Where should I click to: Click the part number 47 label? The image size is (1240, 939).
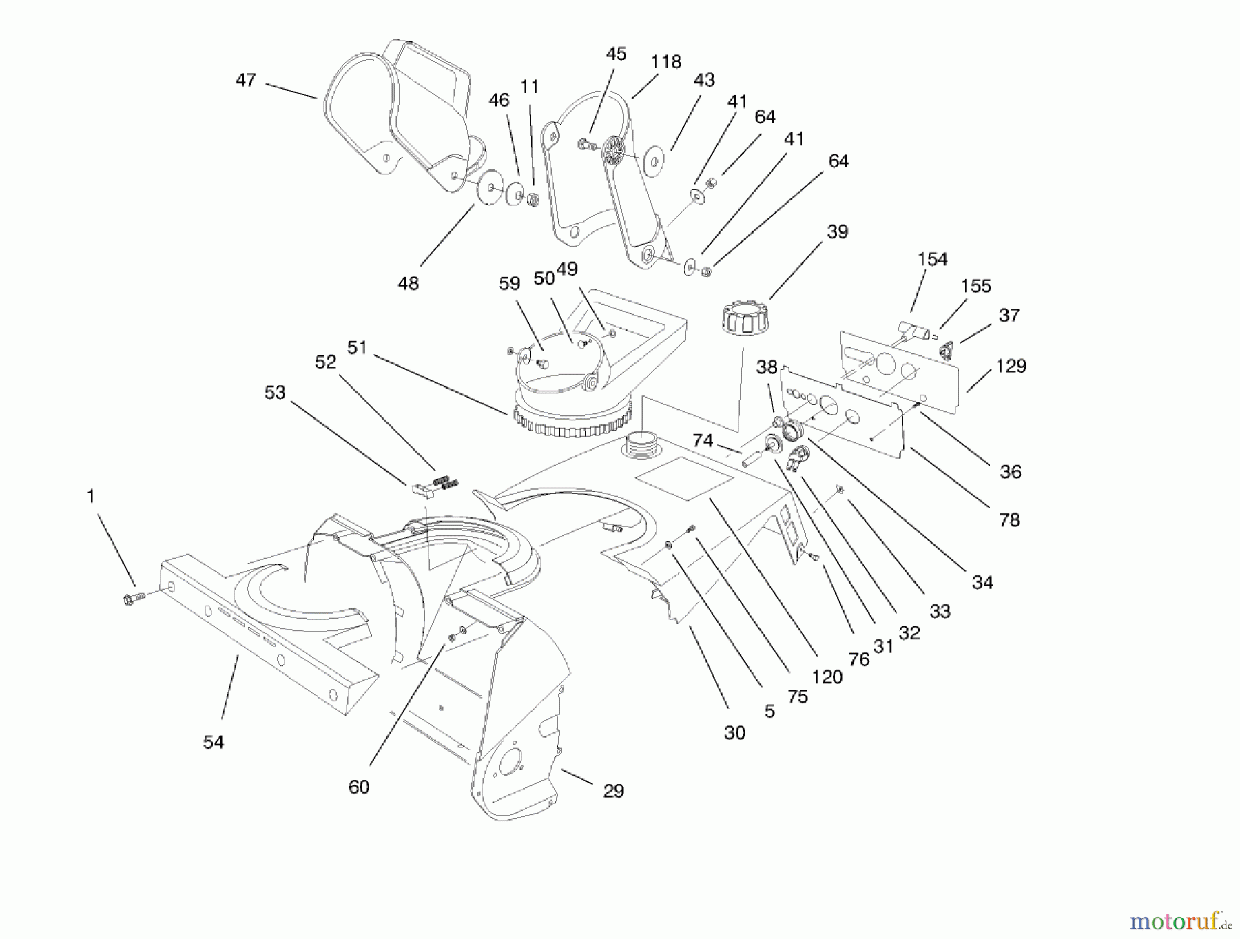pyautogui.click(x=246, y=81)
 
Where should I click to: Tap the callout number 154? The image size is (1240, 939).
pyautogui.click(x=933, y=260)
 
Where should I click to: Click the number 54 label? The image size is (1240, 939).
pyautogui.click(x=214, y=742)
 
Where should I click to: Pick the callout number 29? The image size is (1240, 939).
pyautogui.click(x=613, y=791)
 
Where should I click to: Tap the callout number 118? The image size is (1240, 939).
pyautogui.click(x=666, y=62)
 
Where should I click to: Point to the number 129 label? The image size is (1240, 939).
pyautogui.click(x=1011, y=366)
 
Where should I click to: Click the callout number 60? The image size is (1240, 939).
pyautogui.click(x=359, y=787)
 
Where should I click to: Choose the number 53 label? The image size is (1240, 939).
pyautogui.click(x=275, y=393)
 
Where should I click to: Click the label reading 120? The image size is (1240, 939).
pyautogui.click(x=827, y=677)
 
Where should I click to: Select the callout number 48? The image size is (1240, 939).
pyautogui.click(x=408, y=283)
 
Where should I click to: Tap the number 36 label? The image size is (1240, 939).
pyautogui.click(x=1011, y=472)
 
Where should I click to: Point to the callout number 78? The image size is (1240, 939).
pyautogui.click(x=1009, y=520)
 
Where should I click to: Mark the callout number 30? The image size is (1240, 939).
pyautogui.click(x=734, y=733)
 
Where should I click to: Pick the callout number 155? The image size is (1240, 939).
pyautogui.click(x=976, y=287)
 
